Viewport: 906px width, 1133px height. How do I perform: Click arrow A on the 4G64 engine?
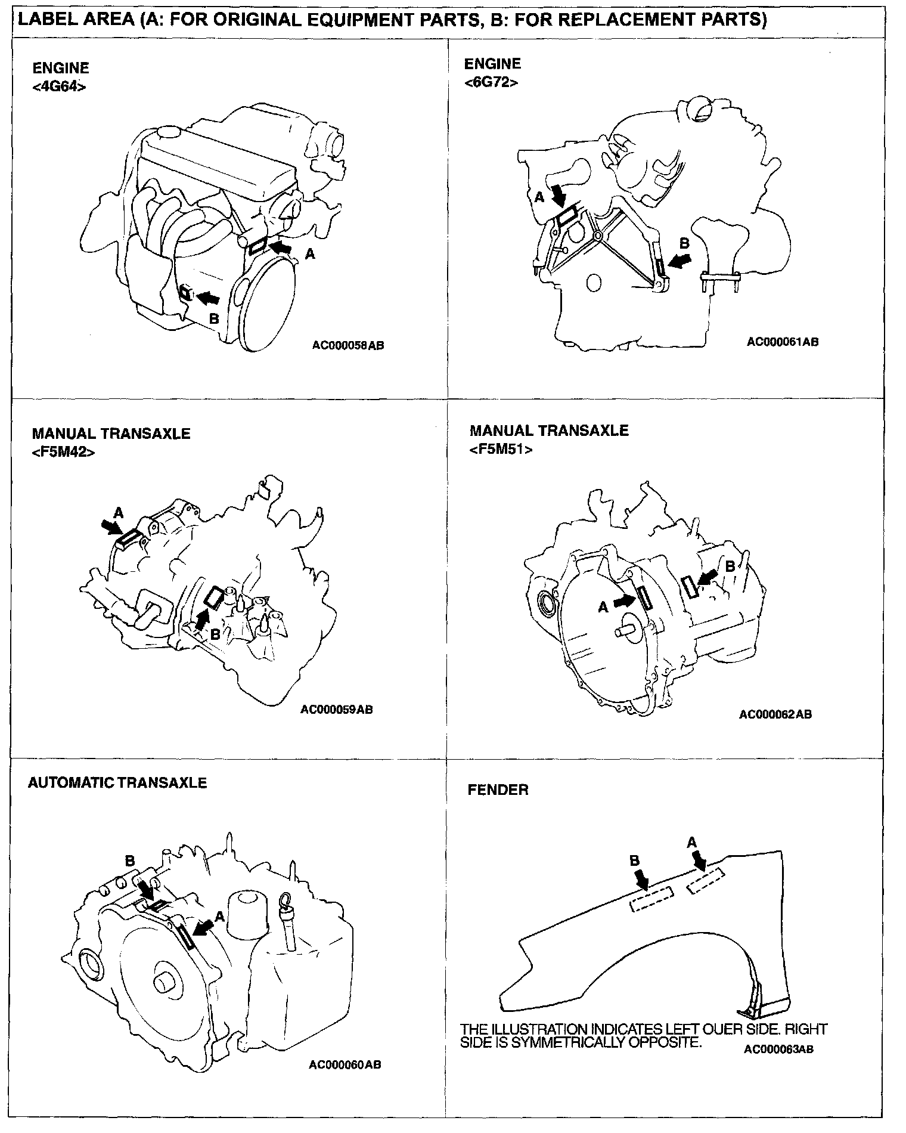pyautogui.click(x=281, y=246)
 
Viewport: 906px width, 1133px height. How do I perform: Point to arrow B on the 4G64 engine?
pyautogui.click(x=208, y=296)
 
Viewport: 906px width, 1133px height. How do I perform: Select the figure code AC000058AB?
pyautogui.click(x=348, y=345)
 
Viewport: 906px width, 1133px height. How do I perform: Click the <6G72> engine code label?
pyautogui.click(x=491, y=82)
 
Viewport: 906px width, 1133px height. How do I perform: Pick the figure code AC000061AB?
pyautogui.click(x=783, y=342)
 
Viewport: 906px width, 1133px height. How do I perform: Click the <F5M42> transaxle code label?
pyautogui.click(x=63, y=452)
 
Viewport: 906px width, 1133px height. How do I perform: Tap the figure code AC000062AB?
pyautogui.click(x=775, y=714)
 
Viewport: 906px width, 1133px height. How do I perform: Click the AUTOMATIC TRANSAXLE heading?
pyautogui.click(x=117, y=782)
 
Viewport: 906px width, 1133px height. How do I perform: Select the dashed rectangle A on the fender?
pyautogui.click(x=706, y=881)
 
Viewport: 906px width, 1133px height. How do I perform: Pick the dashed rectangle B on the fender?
pyautogui.click(x=651, y=899)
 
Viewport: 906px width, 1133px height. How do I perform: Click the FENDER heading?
pyautogui.click(x=498, y=790)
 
